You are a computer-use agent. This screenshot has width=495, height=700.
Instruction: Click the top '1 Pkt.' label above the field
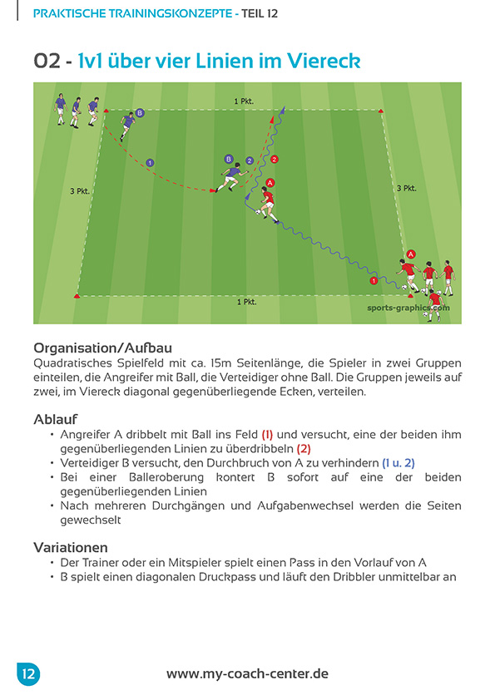coord(244,101)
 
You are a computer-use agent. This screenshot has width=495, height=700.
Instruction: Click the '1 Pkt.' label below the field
coord(246,302)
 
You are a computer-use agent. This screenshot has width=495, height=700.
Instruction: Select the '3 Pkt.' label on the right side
coord(406,189)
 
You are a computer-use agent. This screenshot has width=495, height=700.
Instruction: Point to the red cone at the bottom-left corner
coord(77,295)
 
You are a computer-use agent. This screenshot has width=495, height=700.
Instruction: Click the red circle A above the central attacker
coord(270,183)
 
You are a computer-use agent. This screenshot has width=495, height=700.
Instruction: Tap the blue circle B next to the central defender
coord(229,158)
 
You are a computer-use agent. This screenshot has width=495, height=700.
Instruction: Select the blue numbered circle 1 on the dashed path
coord(150,162)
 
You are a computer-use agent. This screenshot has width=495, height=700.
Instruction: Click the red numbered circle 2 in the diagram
coord(275,159)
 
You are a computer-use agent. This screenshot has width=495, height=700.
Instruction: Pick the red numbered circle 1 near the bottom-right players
coord(374,281)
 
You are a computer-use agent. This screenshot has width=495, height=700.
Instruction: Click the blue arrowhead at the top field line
coord(282,110)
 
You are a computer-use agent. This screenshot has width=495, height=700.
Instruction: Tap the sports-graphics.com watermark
coord(408,307)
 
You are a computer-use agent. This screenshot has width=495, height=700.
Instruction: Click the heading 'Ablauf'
coord(57,419)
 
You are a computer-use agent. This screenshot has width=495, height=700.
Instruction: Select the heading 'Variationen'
coord(72,548)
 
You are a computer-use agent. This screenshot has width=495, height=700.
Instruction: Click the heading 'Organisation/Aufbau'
coord(102,348)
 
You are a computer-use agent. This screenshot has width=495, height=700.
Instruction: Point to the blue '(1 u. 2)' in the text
coord(398,462)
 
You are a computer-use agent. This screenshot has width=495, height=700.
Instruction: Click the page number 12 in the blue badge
coord(28,673)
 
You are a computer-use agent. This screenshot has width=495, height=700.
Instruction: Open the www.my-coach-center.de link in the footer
coord(247,674)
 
